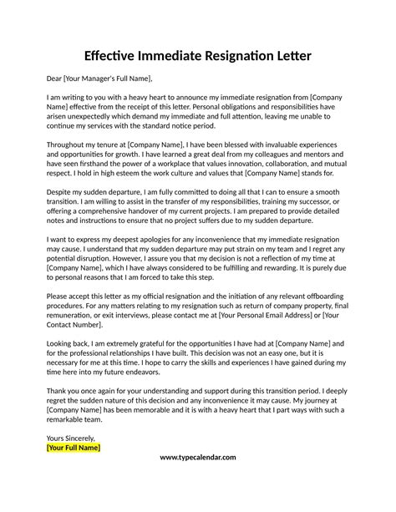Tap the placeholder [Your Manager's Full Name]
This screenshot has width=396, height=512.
110,79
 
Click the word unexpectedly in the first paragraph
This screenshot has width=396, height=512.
99,119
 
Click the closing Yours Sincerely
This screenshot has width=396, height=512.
71,437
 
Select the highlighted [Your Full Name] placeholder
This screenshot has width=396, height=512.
74,448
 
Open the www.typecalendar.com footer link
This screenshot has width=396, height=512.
197,458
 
